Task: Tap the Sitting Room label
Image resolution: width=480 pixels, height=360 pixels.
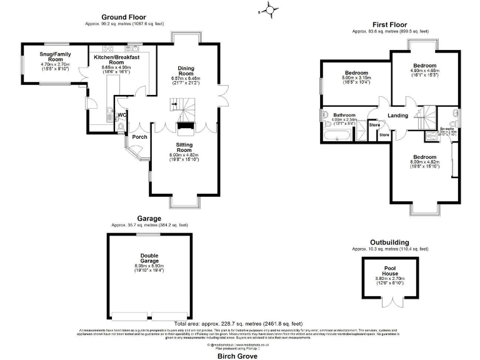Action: (184, 147)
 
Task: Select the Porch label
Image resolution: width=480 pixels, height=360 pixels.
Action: (140, 137)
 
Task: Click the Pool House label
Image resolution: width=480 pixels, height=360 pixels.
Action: (389, 270)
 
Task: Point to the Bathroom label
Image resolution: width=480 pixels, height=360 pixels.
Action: (344, 116)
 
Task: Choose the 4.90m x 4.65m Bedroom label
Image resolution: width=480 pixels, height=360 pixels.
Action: (424, 66)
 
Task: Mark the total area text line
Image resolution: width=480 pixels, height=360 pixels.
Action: (239, 323)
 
